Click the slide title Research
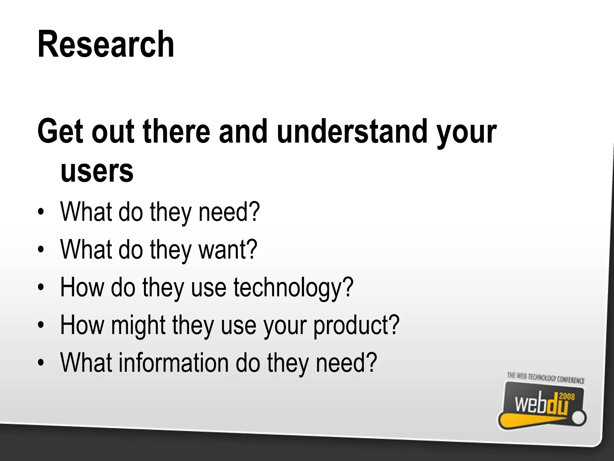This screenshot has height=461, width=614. click(106, 44)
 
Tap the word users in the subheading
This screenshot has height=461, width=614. click(97, 171)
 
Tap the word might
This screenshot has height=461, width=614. click(138, 325)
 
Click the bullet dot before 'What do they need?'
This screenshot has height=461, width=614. click(41, 212)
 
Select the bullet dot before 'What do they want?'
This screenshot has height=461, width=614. click(41, 250)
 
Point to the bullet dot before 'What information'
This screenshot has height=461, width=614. click(41, 363)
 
